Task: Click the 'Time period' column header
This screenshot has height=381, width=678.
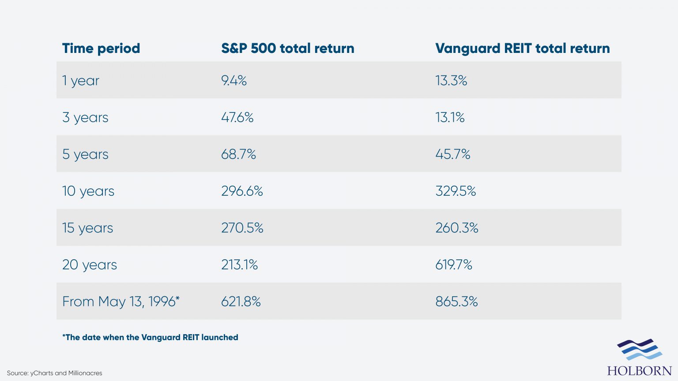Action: pyautogui.click(x=101, y=48)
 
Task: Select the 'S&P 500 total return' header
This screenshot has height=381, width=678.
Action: pyautogui.click(x=287, y=48)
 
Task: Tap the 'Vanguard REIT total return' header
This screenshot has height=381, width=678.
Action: pyautogui.click(x=522, y=48)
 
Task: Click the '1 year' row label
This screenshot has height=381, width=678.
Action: pyautogui.click(x=81, y=81)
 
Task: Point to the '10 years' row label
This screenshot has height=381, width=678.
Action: pyautogui.click(x=88, y=191)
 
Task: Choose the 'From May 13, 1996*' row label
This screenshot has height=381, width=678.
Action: pyautogui.click(x=121, y=301)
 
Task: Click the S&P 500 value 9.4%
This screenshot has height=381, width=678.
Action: pyautogui.click(x=234, y=81)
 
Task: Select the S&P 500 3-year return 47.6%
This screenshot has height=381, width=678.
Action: pyautogui.click(x=237, y=117)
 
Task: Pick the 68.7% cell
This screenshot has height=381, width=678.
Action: pyautogui.click(x=238, y=154)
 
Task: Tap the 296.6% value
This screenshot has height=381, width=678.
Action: pyautogui.click(x=242, y=191)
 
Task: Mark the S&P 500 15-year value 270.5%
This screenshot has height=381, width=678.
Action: pyautogui.click(x=242, y=228)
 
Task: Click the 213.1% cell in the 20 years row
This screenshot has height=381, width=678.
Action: pyautogui.click(x=239, y=265)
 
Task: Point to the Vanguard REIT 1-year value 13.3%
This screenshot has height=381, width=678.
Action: pyautogui.click(x=451, y=81)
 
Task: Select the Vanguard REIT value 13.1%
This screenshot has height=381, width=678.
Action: pyautogui.click(x=450, y=117)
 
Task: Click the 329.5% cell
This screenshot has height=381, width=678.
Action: pyautogui.click(x=456, y=191)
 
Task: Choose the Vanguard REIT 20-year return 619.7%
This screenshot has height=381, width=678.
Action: pyautogui.click(x=453, y=265)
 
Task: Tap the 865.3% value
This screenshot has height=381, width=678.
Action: pyautogui.click(x=456, y=301)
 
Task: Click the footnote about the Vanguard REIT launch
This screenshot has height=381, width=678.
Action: pyautogui.click(x=150, y=337)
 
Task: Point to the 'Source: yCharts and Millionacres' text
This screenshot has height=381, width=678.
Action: pyautogui.click(x=54, y=373)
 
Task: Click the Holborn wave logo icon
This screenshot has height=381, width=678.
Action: pyautogui.click(x=639, y=350)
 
